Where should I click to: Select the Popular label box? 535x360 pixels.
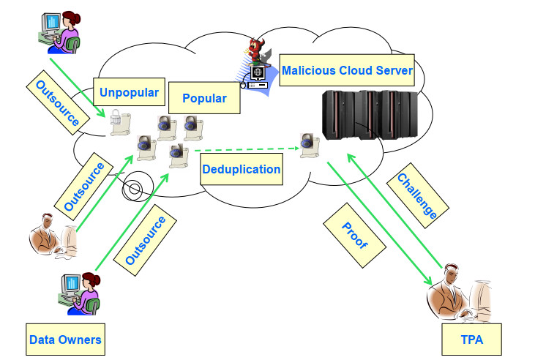[x=204, y=98]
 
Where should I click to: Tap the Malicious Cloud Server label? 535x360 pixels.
[x=347, y=71]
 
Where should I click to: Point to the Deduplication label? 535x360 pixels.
[x=241, y=169]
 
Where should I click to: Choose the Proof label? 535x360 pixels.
[x=355, y=233]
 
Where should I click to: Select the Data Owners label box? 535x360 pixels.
[x=64, y=340]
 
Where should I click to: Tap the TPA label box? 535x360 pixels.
[x=471, y=340]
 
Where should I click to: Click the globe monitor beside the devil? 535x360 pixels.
[x=258, y=75]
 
